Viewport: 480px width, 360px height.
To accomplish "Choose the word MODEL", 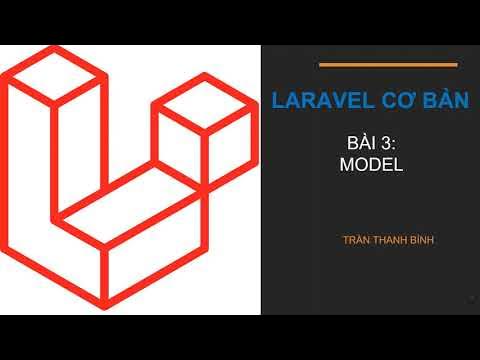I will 371,166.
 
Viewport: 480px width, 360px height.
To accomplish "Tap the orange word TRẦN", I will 358,241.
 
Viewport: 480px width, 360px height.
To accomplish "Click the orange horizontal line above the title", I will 387,65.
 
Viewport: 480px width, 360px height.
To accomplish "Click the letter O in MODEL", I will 360,166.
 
